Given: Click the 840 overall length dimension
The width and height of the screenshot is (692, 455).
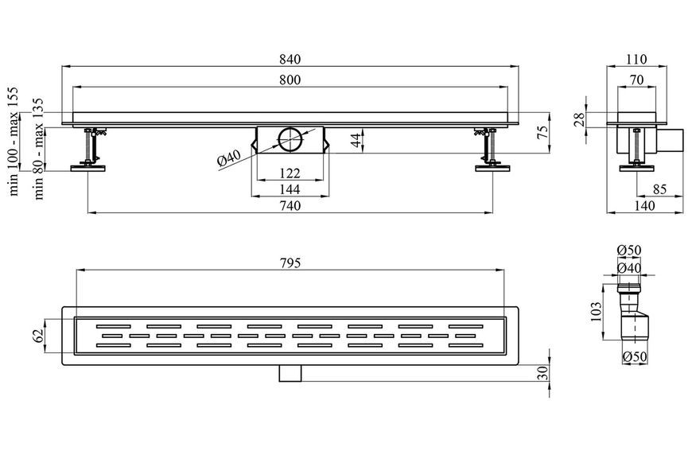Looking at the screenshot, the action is (x=290, y=59).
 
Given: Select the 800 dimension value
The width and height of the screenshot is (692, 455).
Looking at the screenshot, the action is (x=290, y=80).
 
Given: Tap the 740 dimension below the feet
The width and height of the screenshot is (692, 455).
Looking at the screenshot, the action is (x=290, y=206).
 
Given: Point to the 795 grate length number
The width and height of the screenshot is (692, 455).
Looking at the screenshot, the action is (x=290, y=263).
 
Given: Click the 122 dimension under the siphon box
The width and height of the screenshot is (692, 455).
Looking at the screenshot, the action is (x=290, y=173).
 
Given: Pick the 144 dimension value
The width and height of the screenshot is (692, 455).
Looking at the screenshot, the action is (x=290, y=189).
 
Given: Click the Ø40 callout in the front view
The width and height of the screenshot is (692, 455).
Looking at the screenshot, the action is (x=230, y=158).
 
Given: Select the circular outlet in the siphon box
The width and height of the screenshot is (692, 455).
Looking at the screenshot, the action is (x=291, y=139).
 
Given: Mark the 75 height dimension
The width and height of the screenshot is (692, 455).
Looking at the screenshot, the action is (x=544, y=131).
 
